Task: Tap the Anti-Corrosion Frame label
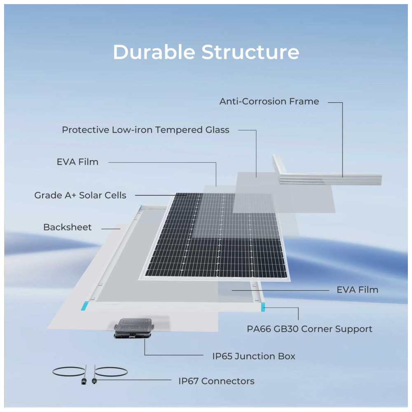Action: pos(269,101)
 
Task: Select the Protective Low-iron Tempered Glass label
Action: pos(145,130)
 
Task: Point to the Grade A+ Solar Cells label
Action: pos(80,195)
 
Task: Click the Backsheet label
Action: pos(68,227)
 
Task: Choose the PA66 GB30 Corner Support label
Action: pos(309,329)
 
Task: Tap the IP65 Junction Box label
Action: pos(254,356)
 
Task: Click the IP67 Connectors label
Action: pos(216,381)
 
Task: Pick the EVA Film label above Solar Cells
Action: pos(77,162)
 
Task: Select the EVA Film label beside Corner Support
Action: pos(357,290)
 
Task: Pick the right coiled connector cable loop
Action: pos(112,372)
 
